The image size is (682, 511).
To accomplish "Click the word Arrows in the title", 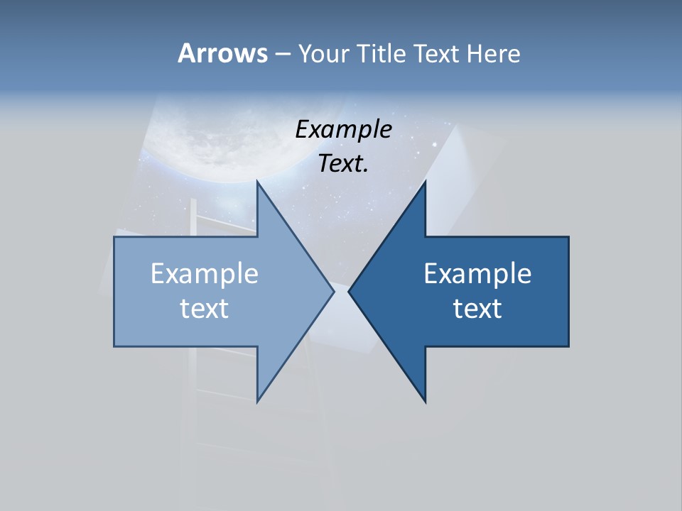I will pos(222,53).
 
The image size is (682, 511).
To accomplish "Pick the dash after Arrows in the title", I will pos(282,54).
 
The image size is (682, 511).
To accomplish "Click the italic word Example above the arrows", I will pos(344,130).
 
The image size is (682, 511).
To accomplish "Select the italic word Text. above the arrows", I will pos(343,164).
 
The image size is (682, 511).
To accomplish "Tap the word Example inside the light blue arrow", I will pos(205,274).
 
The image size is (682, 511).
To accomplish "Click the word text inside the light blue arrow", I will pos(205,308).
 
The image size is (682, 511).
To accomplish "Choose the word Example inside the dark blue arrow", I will pos(477,274).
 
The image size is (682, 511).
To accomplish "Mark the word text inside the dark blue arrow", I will pos(477,308).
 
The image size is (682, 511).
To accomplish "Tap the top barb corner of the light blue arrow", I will pos(258,182).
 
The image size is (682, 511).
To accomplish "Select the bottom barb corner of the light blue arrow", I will pos(258,401).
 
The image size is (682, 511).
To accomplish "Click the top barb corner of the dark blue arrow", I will pos(425,182).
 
